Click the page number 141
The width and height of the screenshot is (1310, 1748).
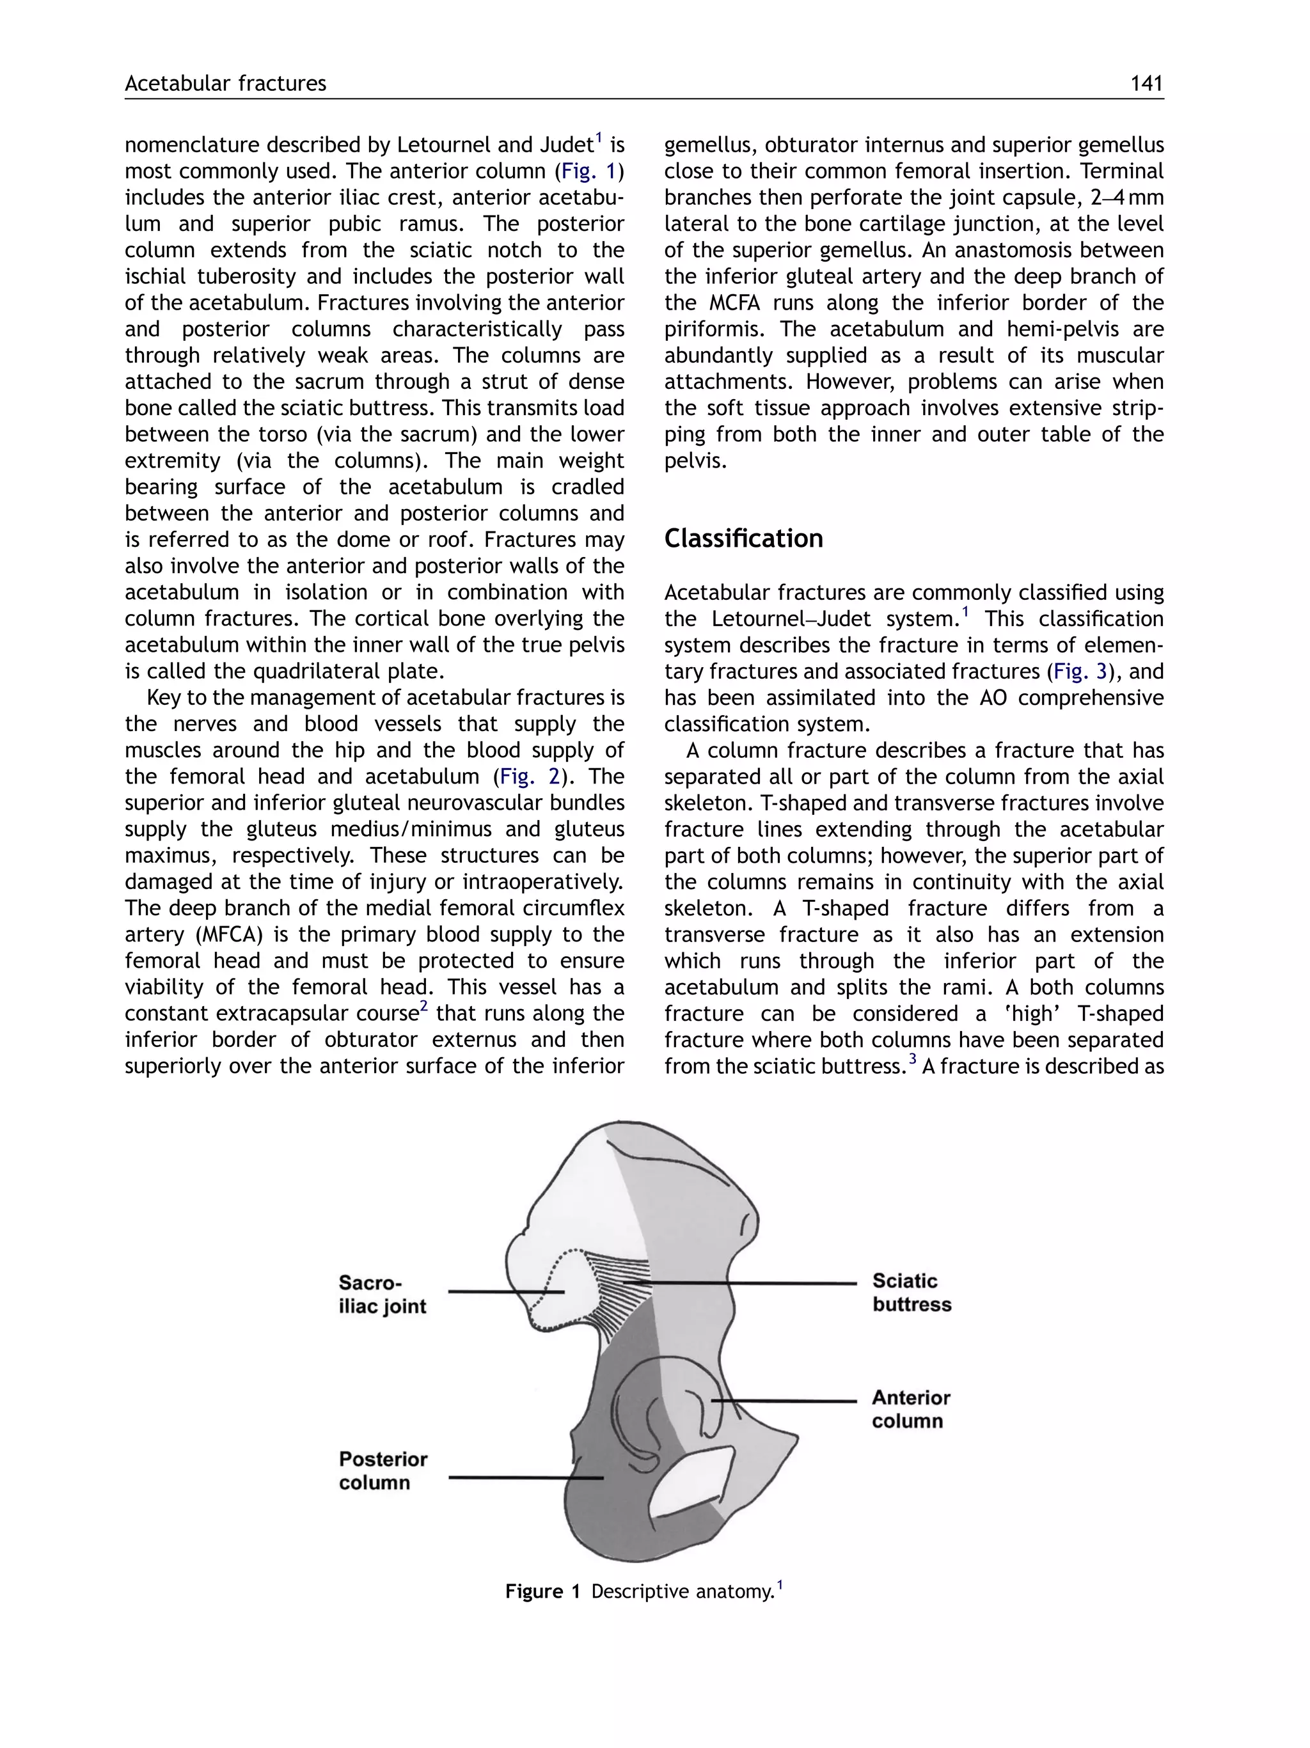[x=1146, y=83]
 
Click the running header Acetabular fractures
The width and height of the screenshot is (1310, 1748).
[x=225, y=83]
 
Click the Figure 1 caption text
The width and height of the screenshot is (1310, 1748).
[x=644, y=1591]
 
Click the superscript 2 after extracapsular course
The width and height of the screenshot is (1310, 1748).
[x=423, y=1007]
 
